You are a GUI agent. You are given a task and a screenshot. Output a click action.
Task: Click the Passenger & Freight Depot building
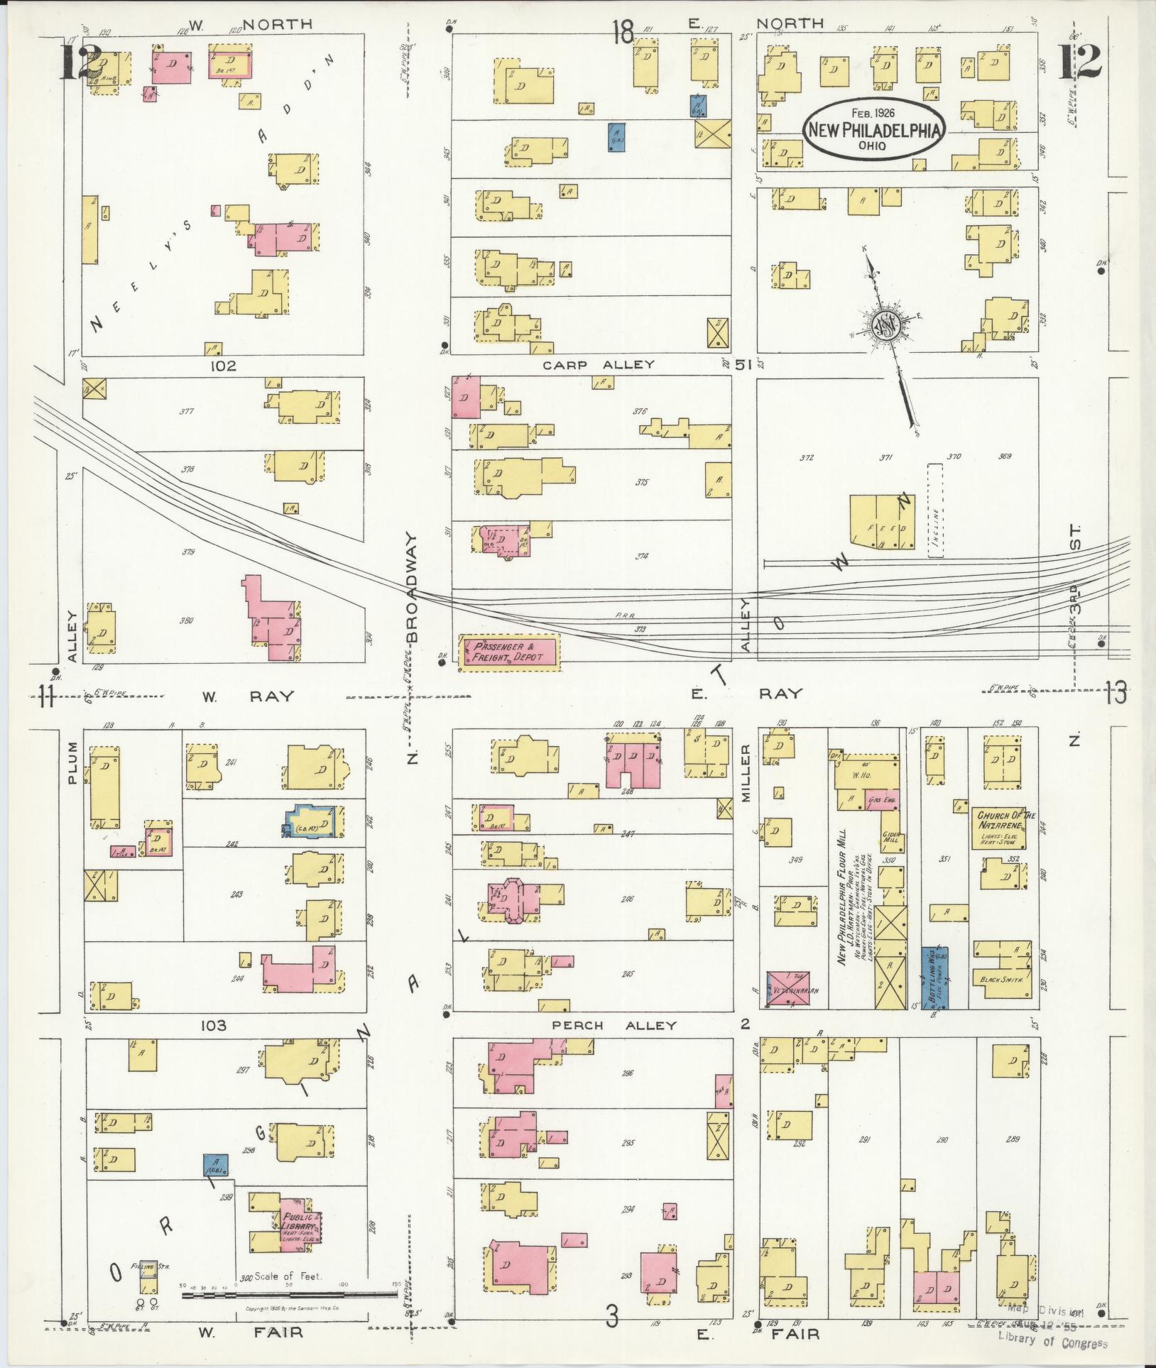509,652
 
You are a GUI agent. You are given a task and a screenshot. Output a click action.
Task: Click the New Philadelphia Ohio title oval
873,129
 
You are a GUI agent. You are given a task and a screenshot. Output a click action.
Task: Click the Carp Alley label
599,365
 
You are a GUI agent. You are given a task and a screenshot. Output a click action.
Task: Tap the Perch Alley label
615,1025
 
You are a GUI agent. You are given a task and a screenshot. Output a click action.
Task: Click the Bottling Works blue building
934,976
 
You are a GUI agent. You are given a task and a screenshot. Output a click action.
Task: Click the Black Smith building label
1001,980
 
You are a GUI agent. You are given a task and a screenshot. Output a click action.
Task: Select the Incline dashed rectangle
935,510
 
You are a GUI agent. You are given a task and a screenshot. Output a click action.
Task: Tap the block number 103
213,1025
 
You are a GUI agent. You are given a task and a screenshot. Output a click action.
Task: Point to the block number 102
223,366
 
